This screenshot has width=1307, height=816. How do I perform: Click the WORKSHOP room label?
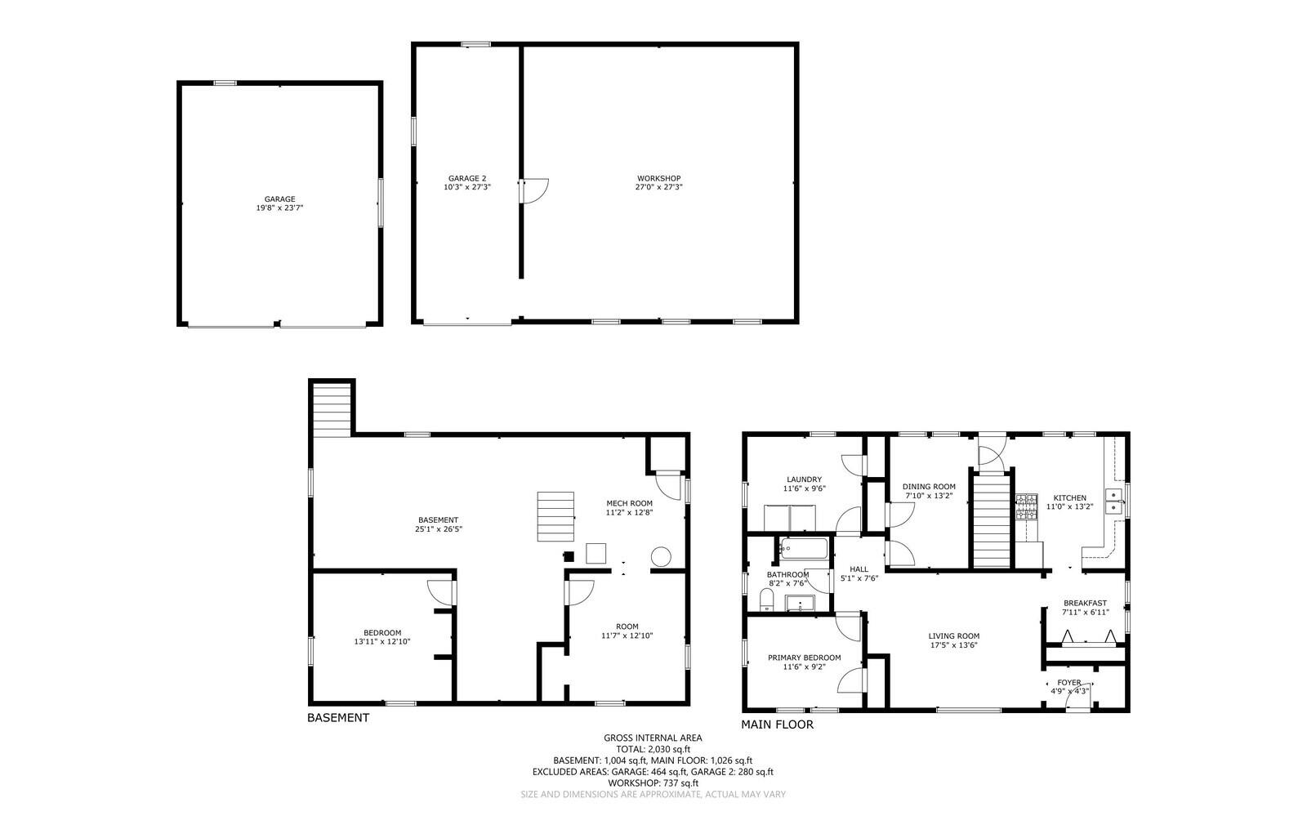[658, 178]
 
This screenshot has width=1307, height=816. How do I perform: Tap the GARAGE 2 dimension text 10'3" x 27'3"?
[466, 187]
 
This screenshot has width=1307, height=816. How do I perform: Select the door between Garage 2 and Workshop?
[534, 191]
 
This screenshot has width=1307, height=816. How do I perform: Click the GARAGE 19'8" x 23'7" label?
[279, 203]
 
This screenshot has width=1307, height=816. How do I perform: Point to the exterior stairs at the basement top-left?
[332, 408]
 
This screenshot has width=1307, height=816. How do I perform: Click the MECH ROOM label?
[629, 503]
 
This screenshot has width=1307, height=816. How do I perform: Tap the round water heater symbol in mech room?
[660, 557]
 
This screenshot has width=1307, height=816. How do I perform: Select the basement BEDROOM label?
[381, 632]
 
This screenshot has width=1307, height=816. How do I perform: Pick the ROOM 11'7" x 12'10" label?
[627, 631]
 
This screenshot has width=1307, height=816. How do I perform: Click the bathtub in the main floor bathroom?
[804, 548]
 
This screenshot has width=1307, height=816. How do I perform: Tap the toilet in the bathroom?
[765, 602]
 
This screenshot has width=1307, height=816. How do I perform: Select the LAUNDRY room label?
[804, 479]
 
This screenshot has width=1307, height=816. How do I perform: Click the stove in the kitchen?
[1026, 507]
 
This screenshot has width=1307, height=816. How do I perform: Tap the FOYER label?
[1068, 683]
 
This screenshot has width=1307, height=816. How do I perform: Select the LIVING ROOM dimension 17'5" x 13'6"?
[953, 645]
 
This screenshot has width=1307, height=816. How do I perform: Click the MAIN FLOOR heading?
[777, 725]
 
